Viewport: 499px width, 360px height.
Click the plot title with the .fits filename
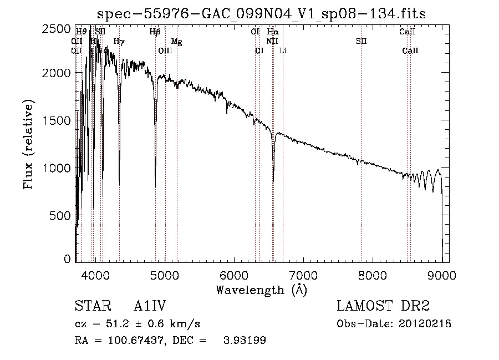(261, 13)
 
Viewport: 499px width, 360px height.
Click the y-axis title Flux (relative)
(28, 145)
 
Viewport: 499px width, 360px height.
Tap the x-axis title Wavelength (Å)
(261, 289)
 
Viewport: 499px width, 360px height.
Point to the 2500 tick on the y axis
(57, 29)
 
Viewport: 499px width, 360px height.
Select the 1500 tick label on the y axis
(57, 120)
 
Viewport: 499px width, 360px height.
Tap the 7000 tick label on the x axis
(303, 274)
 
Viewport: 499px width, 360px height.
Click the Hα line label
(272, 32)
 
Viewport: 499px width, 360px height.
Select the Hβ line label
(155, 32)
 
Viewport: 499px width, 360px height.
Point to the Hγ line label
(119, 41)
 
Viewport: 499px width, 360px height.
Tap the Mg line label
(176, 42)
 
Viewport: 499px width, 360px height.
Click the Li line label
(283, 51)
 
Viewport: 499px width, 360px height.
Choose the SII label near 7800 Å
(361, 41)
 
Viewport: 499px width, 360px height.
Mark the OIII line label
(165, 51)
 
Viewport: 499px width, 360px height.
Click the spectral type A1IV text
(150, 306)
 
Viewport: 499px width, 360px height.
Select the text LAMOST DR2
(383, 306)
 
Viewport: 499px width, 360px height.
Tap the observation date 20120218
(426, 324)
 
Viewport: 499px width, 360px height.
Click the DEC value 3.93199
(243, 341)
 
